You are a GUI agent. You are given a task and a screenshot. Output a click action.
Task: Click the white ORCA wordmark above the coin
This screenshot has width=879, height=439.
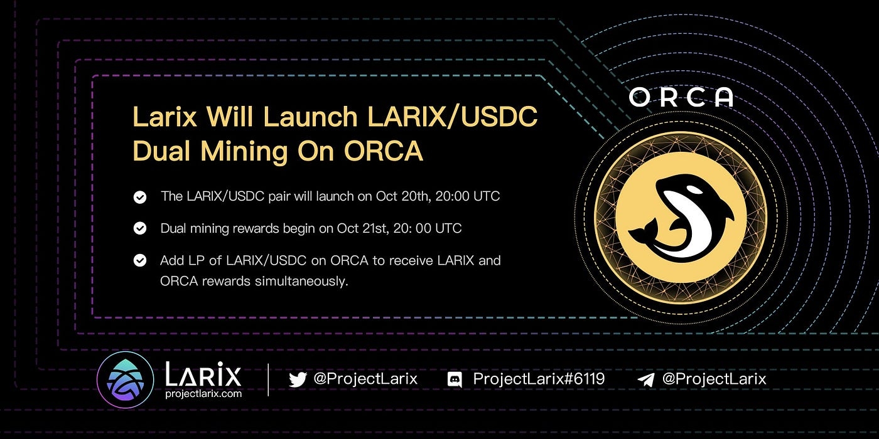(x=681, y=97)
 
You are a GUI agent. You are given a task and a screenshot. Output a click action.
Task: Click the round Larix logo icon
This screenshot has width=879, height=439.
(x=125, y=379)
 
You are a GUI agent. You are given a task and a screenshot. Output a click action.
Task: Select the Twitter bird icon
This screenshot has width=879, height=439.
(x=298, y=379)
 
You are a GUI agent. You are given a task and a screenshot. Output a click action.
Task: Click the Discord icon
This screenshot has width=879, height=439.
(x=455, y=379)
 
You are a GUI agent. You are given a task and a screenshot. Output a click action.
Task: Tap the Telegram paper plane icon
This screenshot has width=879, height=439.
(x=645, y=379)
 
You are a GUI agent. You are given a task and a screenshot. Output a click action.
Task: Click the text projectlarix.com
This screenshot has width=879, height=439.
(x=203, y=394)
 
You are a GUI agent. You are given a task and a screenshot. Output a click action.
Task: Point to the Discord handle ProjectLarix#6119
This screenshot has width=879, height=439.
(x=539, y=379)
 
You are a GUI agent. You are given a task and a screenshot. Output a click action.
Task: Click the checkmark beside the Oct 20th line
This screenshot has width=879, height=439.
(x=139, y=197)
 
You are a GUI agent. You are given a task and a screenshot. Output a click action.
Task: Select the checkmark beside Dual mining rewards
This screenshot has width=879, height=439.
(x=139, y=228)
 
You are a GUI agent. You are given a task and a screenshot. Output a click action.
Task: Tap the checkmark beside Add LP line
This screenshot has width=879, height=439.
(x=139, y=260)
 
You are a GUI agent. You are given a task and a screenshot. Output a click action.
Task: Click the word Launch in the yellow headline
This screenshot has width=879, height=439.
(x=310, y=117)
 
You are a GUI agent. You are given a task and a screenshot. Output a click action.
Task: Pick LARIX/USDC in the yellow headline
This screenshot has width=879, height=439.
(x=453, y=117)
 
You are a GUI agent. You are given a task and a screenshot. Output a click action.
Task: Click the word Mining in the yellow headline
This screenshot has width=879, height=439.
(x=244, y=151)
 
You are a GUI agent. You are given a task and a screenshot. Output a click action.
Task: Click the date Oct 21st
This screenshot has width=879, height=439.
(x=358, y=228)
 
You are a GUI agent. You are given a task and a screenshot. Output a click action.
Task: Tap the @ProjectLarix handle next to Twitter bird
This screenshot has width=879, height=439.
(x=365, y=379)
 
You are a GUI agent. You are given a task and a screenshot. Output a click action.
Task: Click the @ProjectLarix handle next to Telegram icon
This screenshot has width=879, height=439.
(x=715, y=379)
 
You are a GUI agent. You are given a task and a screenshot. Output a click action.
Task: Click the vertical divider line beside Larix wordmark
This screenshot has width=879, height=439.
(x=269, y=379)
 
